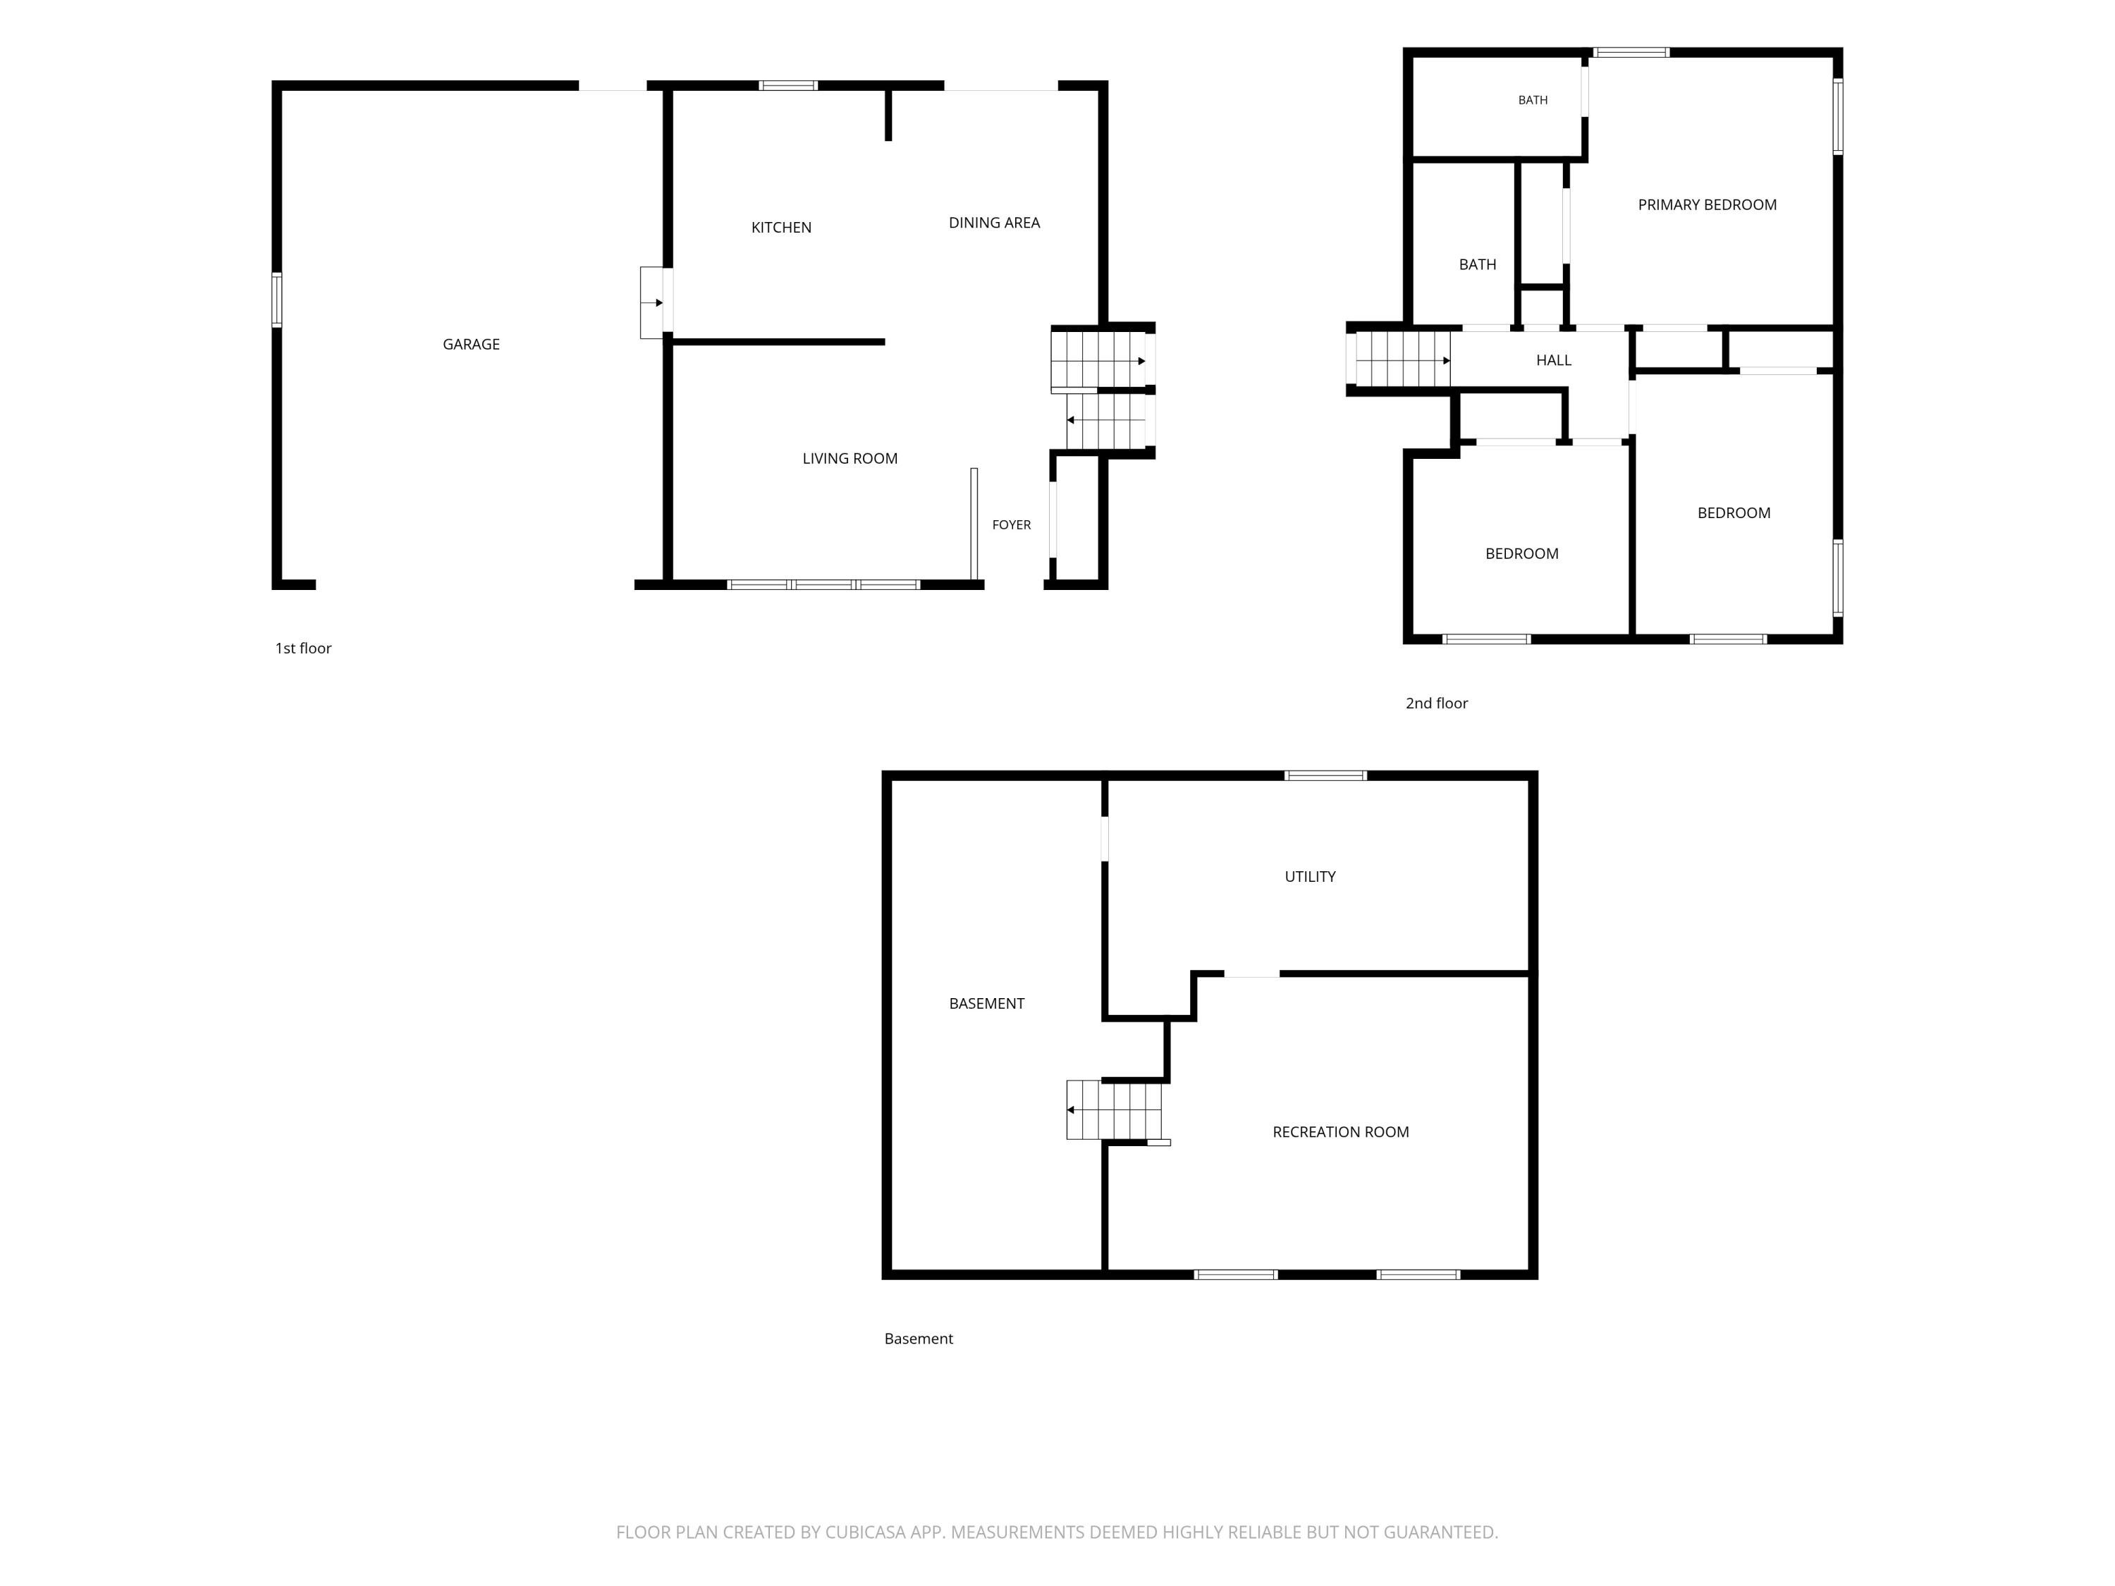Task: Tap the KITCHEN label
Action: [x=781, y=228]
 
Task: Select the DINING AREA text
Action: [x=993, y=223]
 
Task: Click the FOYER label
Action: [x=1011, y=525]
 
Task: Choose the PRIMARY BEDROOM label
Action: [x=1707, y=204]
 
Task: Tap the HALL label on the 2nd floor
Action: [x=1553, y=360]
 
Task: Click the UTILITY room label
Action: [x=1309, y=877]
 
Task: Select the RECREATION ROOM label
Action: [x=1339, y=1132]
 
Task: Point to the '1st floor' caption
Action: [x=303, y=648]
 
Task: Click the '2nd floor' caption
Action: [x=1436, y=703]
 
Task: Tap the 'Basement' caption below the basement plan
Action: [x=918, y=1339]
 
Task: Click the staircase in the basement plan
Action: [x=1115, y=1110]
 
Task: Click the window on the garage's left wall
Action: [x=277, y=300]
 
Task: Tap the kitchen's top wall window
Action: [x=788, y=86]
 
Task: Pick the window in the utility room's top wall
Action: [x=1325, y=775]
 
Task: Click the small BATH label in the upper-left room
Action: [x=1532, y=100]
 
